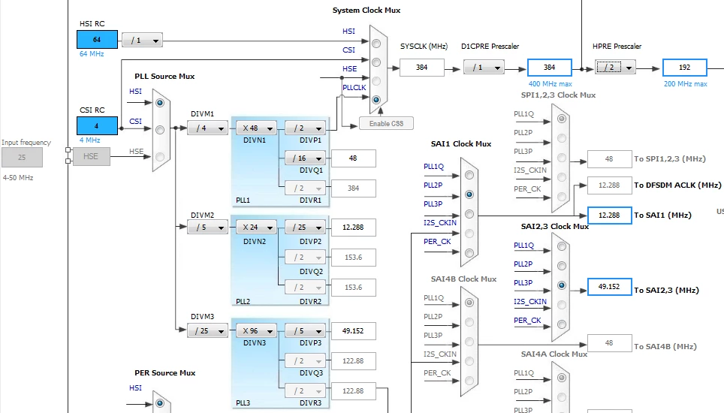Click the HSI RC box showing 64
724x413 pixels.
[97, 40]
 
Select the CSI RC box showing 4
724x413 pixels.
[97, 126]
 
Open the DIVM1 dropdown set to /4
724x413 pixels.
[207, 128]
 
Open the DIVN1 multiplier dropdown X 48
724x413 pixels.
[256, 128]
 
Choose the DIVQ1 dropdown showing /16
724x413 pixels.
[305, 158]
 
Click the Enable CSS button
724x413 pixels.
[386, 124]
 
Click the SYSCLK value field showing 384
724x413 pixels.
[421, 68]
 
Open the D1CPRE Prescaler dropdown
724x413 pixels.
[484, 68]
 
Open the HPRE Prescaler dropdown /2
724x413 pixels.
[615, 68]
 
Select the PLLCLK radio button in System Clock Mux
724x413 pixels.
[376, 100]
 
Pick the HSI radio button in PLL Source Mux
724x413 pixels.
[160, 103]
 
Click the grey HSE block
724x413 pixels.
[91, 156]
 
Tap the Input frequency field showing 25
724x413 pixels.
[22, 158]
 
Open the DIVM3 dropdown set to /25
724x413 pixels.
[207, 331]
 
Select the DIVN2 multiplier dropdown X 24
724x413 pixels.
[256, 227]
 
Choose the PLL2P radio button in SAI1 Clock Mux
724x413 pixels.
[469, 194]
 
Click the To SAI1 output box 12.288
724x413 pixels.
[609, 216]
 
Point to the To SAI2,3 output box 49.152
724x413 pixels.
[609, 287]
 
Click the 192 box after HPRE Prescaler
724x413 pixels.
[684, 68]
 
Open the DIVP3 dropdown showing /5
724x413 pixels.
[305, 331]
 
